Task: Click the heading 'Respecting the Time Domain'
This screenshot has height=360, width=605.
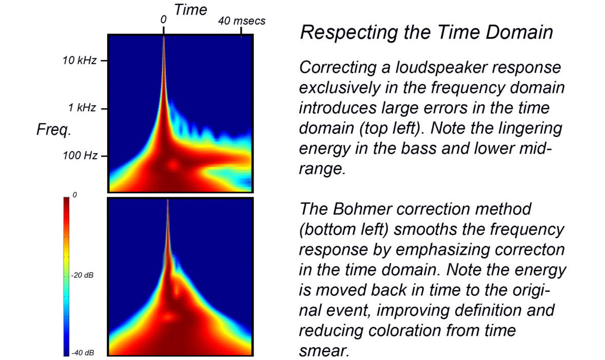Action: [426, 32]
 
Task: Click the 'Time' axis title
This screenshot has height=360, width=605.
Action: [190, 10]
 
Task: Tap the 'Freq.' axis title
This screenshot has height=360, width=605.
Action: [54, 130]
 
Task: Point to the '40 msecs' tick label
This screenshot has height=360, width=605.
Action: [242, 21]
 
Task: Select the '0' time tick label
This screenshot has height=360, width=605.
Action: [164, 20]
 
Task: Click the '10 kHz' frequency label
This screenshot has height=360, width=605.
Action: [80, 61]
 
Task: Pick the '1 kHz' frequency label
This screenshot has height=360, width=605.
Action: [82, 108]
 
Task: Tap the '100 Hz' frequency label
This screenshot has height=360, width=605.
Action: [80, 156]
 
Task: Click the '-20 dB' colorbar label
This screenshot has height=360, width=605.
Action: [82, 275]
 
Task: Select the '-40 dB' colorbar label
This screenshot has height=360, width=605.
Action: [82, 353]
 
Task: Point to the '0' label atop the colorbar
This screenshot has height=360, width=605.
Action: [74, 195]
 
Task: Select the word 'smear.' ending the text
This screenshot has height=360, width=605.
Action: [324, 351]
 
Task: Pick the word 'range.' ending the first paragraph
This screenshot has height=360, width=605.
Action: [321, 169]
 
